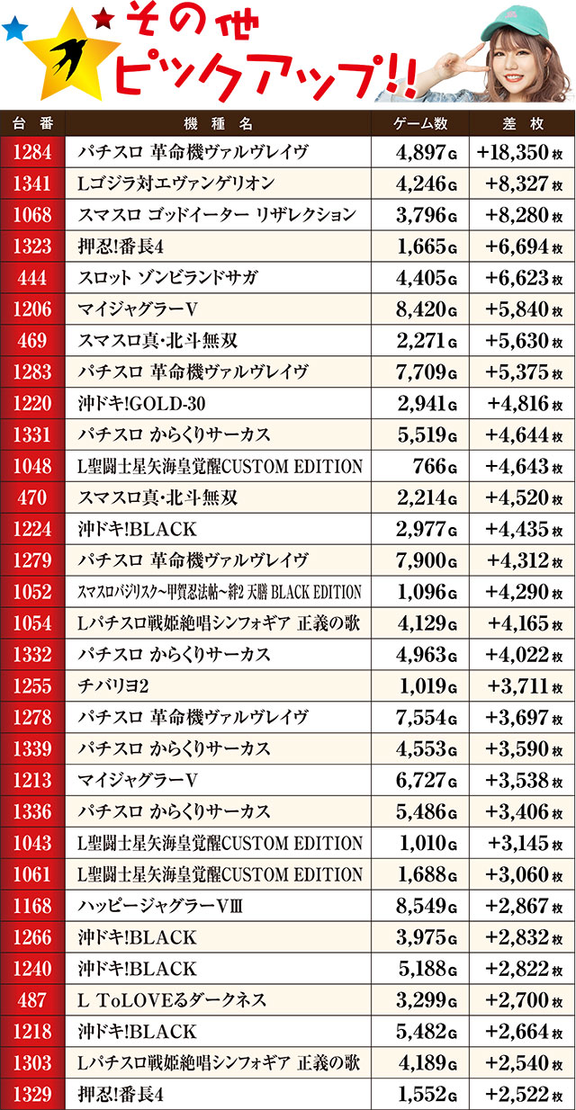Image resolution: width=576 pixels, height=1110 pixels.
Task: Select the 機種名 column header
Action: (220, 122)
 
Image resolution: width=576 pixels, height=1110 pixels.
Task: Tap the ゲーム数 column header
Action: (420, 122)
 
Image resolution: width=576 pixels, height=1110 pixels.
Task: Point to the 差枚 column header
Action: (522, 122)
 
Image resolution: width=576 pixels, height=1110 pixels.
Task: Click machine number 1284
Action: (32, 152)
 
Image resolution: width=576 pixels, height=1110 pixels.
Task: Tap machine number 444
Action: (32, 277)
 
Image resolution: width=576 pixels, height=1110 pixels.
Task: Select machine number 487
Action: (32, 999)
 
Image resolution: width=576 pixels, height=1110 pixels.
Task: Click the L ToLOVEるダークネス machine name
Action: (172, 999)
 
